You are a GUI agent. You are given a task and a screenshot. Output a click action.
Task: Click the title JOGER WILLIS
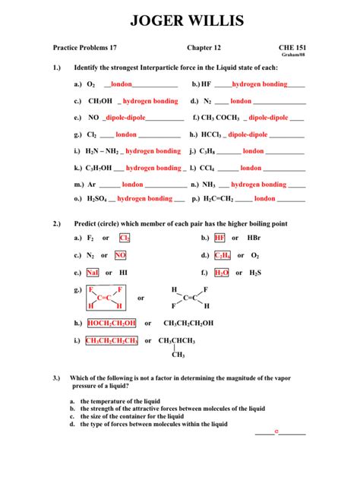(180, 20)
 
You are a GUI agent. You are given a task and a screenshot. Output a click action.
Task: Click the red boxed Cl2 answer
(125, 238)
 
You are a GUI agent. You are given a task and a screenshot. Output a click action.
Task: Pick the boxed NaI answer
(93, 273)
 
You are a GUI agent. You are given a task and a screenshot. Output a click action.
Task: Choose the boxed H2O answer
(222, 273)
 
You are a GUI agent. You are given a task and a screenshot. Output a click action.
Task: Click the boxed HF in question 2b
(219, 238)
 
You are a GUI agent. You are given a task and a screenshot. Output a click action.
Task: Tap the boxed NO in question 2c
(121, 255)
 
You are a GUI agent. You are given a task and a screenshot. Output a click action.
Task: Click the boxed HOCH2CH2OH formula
(112, 323)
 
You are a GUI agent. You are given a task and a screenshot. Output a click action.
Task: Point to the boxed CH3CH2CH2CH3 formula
(112, 341)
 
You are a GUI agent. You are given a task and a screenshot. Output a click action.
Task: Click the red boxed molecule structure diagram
(106, 298)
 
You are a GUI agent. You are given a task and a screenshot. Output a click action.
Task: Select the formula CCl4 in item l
(208, 167)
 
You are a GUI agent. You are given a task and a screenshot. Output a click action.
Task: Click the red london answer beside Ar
(132, 184)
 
